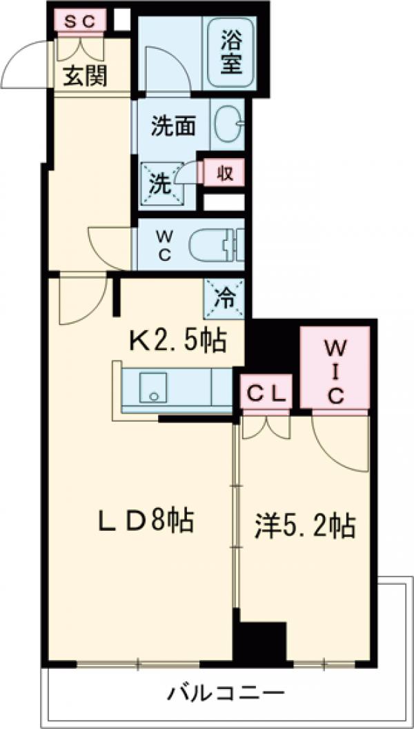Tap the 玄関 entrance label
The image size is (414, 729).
pyautogui.click(x=86, y=77)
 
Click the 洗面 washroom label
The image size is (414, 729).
pyautogui.click(x=172, y=126)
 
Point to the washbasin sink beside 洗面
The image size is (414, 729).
pyautogui.click(x=226, y=125)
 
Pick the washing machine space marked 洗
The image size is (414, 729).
pyautogui.click(x=161, y=184)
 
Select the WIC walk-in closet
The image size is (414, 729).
pyautogui.click(x=335, y=369)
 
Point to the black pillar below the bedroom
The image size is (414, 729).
pyautogui.click(x=259, y=643)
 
